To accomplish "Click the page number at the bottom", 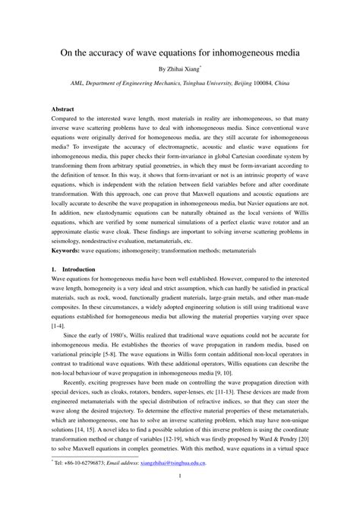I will click(180, 497).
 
